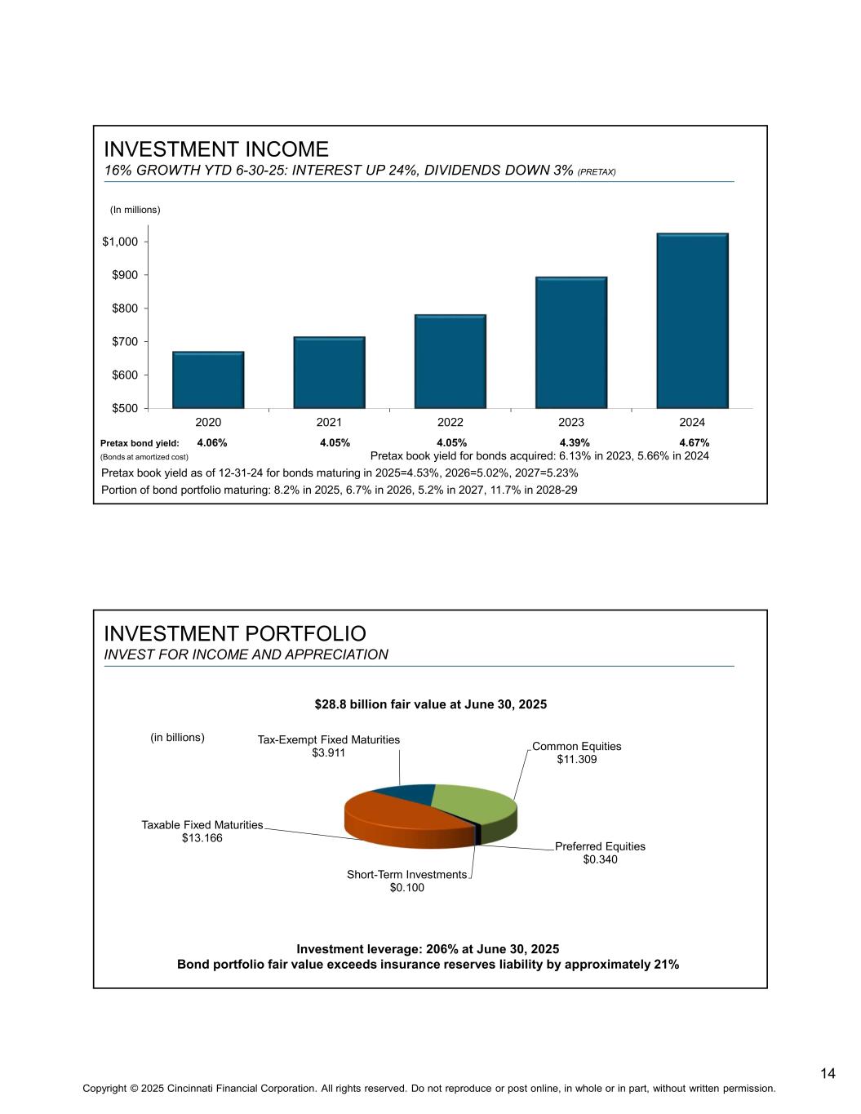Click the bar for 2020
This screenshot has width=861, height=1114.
208,379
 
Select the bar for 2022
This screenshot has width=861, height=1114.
450,361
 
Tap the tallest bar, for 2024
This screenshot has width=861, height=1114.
692,320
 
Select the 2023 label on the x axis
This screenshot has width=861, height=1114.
571,423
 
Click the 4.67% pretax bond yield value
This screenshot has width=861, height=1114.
694,443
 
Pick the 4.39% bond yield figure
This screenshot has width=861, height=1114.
575,443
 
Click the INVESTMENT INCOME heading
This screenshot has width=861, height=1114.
216,149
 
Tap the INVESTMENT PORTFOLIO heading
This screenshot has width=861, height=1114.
235,634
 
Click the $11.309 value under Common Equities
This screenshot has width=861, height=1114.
577,760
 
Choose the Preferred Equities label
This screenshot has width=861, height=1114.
600,846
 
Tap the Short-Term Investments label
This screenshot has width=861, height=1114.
406,874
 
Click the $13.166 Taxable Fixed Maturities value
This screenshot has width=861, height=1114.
202,838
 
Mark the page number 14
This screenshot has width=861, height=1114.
828,1073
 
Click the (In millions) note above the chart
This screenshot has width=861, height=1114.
135,210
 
